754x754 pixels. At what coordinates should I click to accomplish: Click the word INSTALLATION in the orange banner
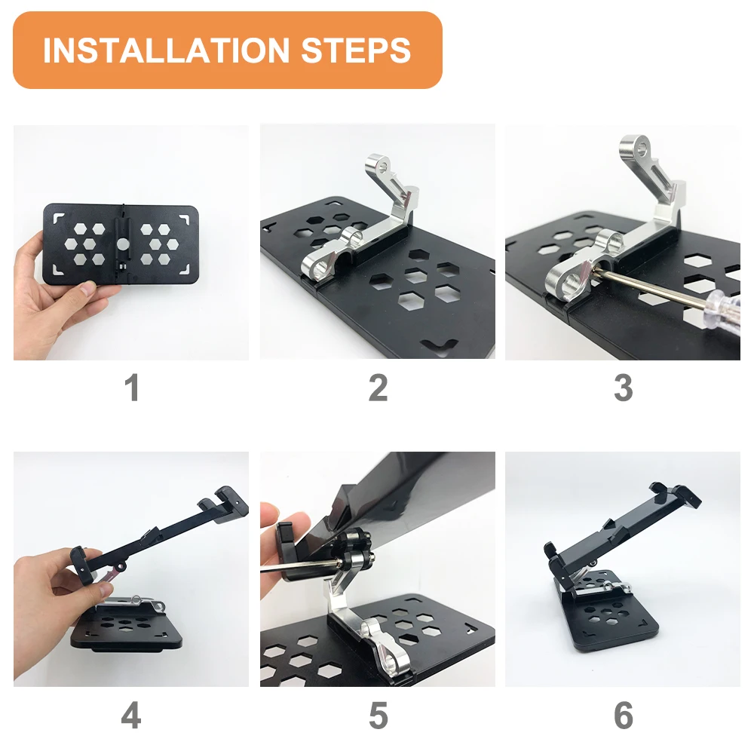pos(167,51)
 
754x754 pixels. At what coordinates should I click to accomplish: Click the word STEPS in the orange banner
pos(356,51)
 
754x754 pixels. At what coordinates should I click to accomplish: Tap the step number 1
pos(132,388)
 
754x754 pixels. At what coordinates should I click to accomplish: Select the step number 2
pos(378,388)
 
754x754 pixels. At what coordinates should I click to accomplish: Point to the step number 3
pos(624,388)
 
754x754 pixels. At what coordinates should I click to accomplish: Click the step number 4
pos(131,716)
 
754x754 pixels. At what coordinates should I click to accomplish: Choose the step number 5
pos(378,716)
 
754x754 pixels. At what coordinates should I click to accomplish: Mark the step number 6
pos(624,716)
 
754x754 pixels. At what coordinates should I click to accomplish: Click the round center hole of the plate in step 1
pos(123,244)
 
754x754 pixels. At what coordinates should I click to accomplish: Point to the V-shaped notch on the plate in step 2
pos(439,345)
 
